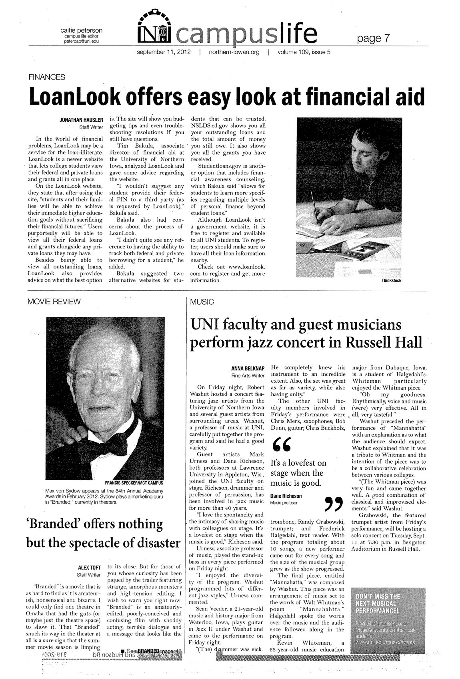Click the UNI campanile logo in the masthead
[154, 28]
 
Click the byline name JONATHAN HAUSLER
[82, 120]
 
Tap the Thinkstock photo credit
[391, 281]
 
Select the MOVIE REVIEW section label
[54, 301]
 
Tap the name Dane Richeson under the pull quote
[286, 496]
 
